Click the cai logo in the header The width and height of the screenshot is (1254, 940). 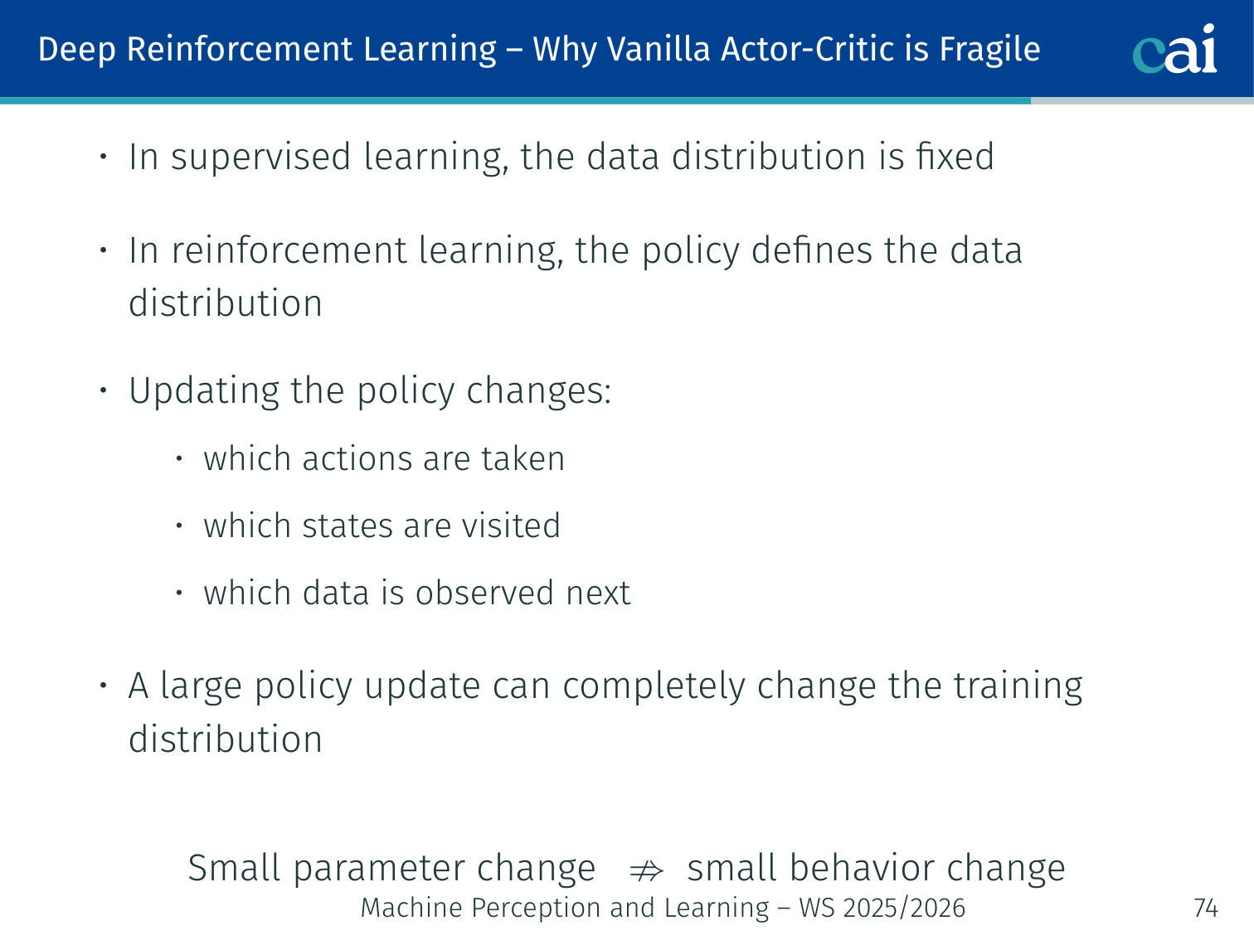pos(1174,49)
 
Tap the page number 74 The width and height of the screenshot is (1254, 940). pos(1206,908)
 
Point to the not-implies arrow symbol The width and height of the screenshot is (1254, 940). pos(646,871)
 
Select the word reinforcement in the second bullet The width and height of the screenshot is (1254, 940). pos(289,250)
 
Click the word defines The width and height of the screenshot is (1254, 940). pos(812,250)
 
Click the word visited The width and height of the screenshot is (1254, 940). pos(511,525)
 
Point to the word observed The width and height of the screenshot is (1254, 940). pos(484,592)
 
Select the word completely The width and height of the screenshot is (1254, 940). pos(654,687)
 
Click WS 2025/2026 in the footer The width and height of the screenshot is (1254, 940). pos(882,908)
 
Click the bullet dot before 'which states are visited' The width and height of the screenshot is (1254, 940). pos(179,525)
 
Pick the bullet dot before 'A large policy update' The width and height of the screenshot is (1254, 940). pos(104,685)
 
